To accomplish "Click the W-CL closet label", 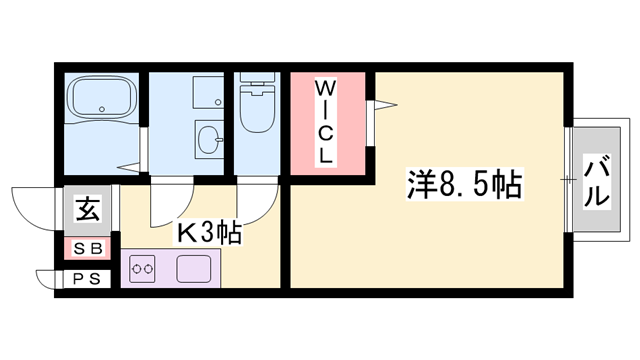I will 327,122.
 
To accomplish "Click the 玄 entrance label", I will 87,210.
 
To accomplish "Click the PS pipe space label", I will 87,279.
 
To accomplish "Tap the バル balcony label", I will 597,182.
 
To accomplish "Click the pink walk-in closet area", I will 327,150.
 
